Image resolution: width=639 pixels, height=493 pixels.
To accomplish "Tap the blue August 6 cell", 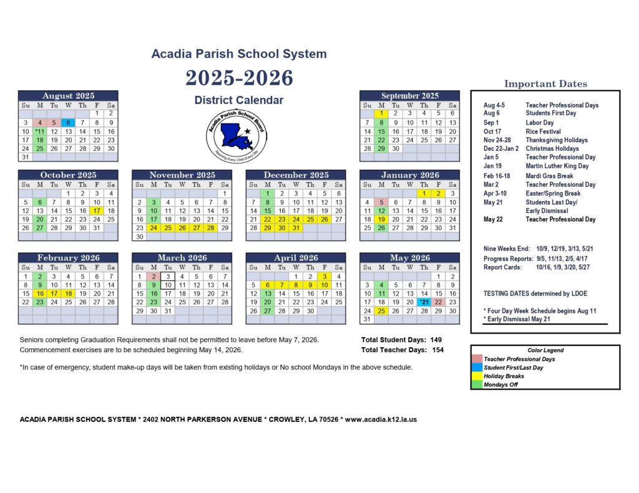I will coord(68,123).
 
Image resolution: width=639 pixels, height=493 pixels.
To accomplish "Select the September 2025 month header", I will coord(409,95).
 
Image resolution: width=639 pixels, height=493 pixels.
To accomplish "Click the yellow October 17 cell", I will coord(97,211).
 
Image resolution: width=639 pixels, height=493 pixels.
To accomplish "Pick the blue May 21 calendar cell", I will coord(424,302).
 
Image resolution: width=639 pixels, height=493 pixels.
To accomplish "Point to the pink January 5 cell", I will coord(381,202).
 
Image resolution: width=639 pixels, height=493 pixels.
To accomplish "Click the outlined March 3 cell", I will coord(167,276).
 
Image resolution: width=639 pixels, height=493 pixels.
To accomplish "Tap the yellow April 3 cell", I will coord(324,276).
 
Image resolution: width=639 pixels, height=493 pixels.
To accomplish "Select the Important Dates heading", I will coord(545,84).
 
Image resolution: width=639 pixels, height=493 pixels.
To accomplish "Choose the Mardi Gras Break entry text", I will coord(549,176).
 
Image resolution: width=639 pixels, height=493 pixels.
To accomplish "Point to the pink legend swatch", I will coord(477,359).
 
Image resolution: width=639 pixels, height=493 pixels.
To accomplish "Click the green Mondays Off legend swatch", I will coord(477,385).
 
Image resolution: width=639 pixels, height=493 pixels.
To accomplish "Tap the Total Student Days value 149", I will coord(435,340).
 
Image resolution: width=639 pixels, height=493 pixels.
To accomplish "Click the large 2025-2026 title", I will coord(239,78).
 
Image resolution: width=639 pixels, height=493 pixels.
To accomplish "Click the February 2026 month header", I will coord(68,257).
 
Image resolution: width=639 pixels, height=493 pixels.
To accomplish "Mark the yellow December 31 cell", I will coord(296,228).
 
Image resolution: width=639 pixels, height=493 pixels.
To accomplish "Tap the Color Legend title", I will coord(545,351).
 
